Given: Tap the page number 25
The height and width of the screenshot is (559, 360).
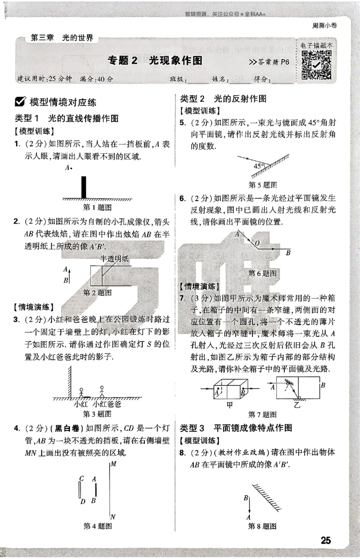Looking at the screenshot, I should pyautogui.click(x=326, y=540).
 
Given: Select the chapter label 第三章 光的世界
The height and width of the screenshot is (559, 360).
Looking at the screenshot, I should pyautogui.click(x=62, y=38).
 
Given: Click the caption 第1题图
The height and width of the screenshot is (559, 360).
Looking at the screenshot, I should pyautogui.click(x=98, y=207).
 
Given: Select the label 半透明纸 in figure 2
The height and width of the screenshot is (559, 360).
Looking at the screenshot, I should pyautogui.click(x=114, y=258).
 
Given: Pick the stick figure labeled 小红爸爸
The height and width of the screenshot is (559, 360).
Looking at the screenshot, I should pyautogui.click(x=102, y=391).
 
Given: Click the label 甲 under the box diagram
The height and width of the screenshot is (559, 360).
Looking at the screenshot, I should pyautogui.click(x=229, y=404).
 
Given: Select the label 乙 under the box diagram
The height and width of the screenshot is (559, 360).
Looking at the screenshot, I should pyautogui.click(x=297, y=404).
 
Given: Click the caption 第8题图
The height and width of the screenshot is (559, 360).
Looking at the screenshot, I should pyautogui.click(x=262, y=526).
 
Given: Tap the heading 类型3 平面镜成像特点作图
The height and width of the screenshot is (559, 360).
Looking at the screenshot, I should pyautogui.click(x=236, y=427).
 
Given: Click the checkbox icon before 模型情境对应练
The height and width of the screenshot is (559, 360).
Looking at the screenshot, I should pyautogui.click(x=20, y=102).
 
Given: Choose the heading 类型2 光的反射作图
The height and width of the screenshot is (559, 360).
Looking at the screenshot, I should pyautogui.click(x=223, y=98).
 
